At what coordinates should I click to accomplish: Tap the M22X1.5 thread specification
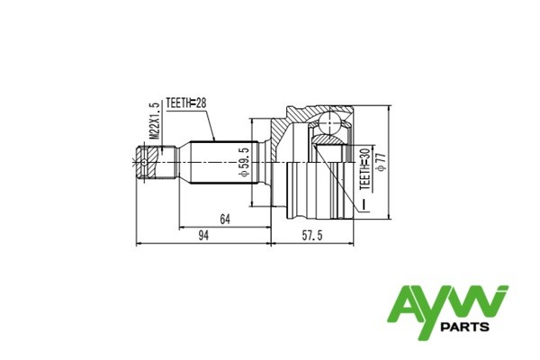(154, 120)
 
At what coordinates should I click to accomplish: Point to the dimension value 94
(203, 236)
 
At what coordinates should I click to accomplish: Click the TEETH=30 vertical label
(364, 170)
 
